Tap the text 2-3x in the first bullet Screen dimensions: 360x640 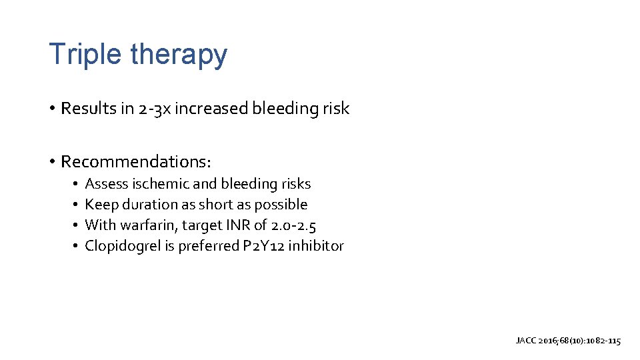point(155,109)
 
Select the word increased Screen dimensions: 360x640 point(211,109)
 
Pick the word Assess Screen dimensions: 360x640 point(107,183)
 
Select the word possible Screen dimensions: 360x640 point(281,204)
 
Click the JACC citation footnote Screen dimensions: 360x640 point(568,341)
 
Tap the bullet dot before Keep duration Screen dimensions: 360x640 point(77,204)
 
